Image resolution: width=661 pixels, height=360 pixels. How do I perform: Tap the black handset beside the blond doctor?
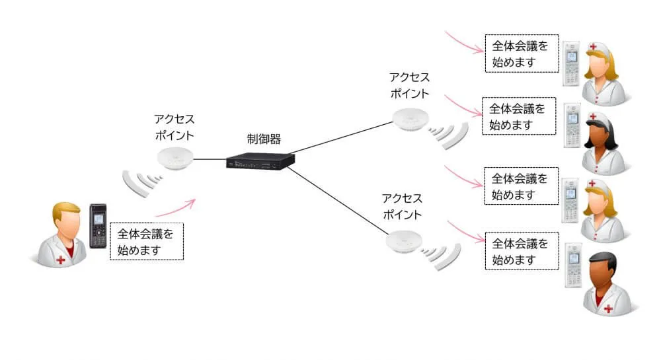tap(98, 226)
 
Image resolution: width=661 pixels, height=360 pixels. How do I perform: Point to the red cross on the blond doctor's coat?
tap(61, 260)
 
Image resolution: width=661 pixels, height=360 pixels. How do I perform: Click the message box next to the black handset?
tap(145, 241)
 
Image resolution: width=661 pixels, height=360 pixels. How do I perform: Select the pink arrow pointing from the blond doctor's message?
tap(175, 208)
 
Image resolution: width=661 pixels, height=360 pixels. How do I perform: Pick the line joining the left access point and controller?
tap(209, 159)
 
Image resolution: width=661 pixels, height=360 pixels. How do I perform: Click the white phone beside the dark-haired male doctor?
tap(572, 266)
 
